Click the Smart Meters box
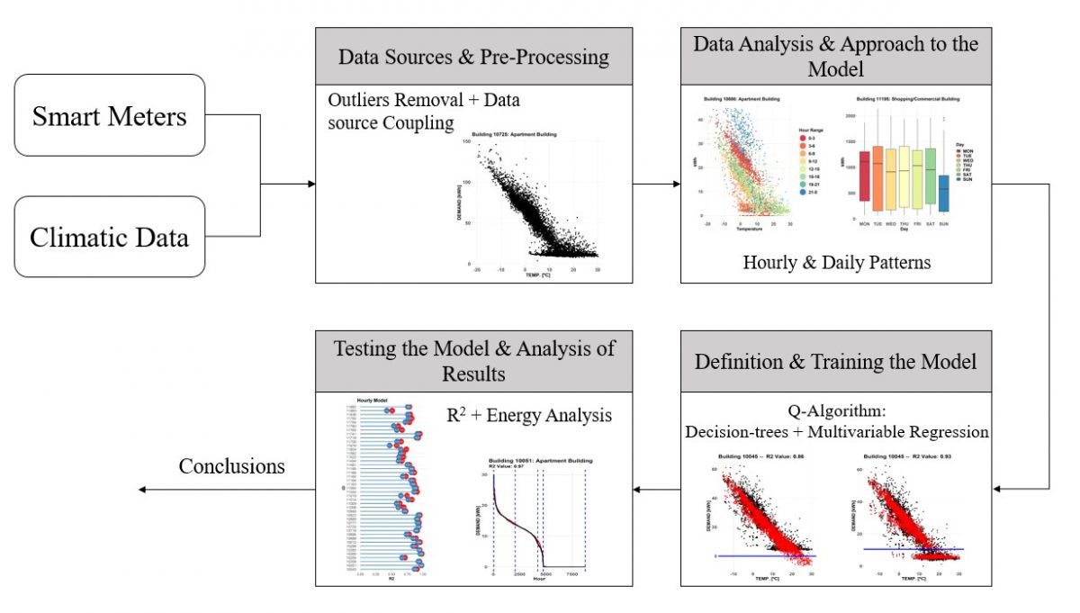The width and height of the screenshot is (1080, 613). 110,115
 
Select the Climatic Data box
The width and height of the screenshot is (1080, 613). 110,237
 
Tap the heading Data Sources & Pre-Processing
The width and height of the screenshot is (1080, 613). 473,57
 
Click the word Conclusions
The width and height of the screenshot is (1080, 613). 231,465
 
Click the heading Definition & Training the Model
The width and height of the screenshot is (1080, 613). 835,360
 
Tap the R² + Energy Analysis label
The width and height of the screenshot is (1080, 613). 529,415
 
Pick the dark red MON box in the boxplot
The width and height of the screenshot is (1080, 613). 865,176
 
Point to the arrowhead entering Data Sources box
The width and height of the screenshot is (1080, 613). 311,184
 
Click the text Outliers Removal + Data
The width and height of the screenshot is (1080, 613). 423,100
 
